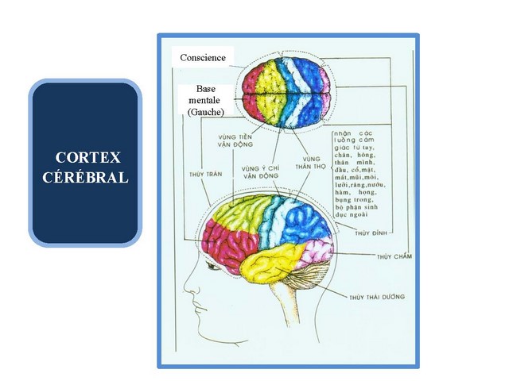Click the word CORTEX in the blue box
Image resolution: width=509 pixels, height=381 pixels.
point(85,157)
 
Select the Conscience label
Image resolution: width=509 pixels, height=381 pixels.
point(202,57)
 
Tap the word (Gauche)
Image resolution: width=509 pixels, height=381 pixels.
point(205,112)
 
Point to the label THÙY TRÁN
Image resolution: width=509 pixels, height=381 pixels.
point(202,171)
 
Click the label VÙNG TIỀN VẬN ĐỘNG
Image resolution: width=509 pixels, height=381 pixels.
point(235,140)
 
